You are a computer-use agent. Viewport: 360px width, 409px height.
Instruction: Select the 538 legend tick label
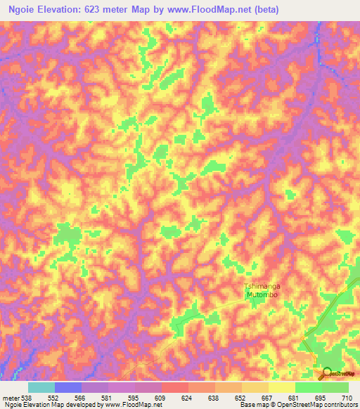(27, 398)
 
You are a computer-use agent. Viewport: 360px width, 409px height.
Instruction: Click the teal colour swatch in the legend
(41, 387)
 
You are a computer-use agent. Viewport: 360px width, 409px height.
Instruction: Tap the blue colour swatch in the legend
(68, 387)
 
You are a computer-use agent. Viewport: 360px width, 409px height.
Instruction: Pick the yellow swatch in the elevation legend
(282, 387)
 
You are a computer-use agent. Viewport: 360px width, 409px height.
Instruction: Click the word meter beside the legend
(10, 398)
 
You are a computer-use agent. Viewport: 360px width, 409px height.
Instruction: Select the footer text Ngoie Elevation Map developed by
(42, 405)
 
